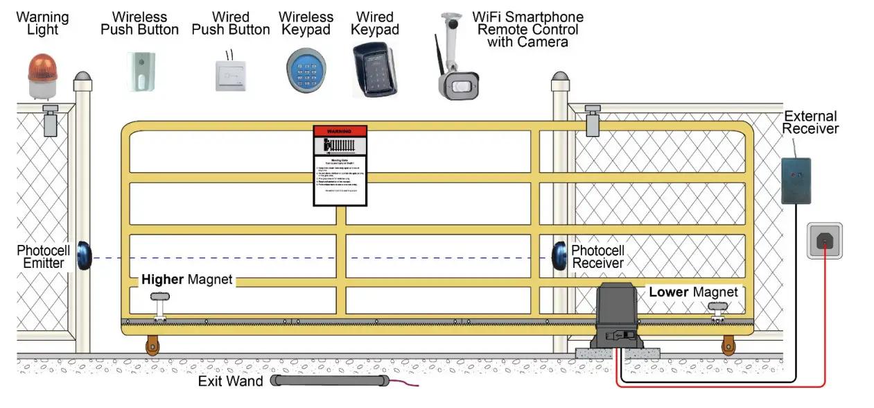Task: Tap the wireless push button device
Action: tap(141, 71)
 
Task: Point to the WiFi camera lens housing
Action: tap(460, 86)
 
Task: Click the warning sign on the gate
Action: tap(340, 165)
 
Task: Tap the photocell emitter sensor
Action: tap(85, 255)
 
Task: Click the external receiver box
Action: tap(796, 180)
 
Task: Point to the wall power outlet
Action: tap(824, 241)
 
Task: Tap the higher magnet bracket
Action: tap(160, 303)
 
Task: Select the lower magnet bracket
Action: tap(717, 309)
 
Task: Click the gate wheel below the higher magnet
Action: tap(152, 345)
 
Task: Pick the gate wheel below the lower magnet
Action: tap(728, 345)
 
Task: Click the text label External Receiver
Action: tap(810, 122)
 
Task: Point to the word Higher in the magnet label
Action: tap(162, 280)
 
